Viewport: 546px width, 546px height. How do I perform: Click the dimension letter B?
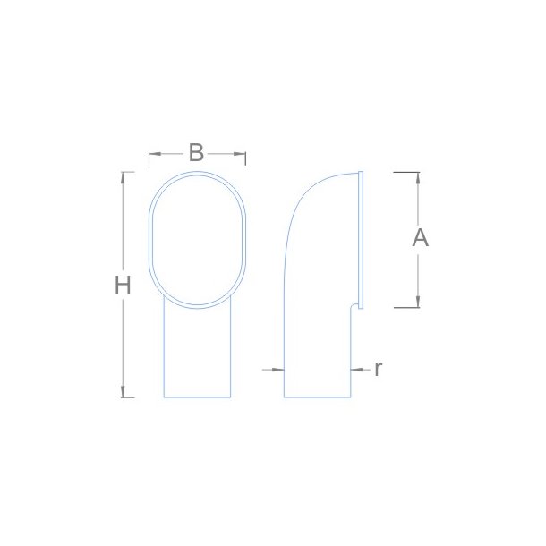point(196,152)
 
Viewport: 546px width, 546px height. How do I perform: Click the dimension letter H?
point(123,285)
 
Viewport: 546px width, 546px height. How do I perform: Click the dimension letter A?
point(421,238)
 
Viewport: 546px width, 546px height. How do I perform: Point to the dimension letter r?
point(379,369)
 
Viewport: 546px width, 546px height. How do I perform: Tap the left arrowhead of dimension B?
point(155,154)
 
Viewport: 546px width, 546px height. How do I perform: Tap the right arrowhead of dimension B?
point(240,154)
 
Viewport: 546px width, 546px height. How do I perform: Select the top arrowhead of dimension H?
point(123,177)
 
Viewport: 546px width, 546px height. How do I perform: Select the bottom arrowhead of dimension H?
point(123,392)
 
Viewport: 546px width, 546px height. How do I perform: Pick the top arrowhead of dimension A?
point(418,178)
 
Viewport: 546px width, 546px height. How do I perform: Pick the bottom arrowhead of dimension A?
point(418,302)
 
